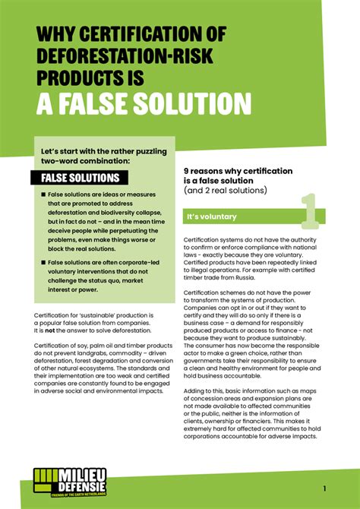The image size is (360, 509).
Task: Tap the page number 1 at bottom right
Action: tap(324, 488)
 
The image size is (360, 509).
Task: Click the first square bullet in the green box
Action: tap(44, 195)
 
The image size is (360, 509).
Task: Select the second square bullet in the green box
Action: tap(44, 262)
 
